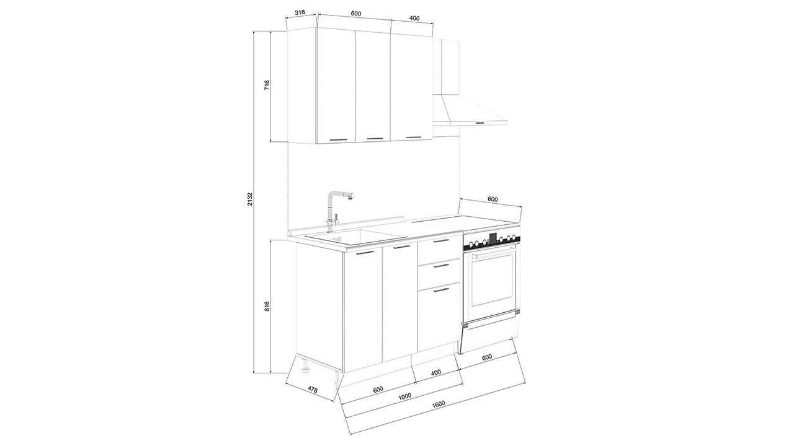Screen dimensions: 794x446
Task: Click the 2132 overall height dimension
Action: coord(249,199)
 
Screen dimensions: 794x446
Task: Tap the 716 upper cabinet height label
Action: coord(267,85)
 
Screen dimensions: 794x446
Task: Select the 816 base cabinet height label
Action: coord(267,306)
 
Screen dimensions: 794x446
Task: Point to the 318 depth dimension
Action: coord(300,12)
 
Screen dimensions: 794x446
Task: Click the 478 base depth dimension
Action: coord(312,390)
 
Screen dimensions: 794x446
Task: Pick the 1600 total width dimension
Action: coord(439,403)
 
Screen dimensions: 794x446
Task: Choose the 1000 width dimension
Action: coord(405,396)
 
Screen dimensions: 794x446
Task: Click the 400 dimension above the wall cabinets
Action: coord(414,18)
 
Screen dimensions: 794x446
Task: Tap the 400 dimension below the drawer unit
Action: coord(436,372)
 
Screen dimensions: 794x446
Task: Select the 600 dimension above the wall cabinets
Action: coord(356,14)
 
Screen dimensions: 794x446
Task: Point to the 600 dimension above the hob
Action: coord(493,199)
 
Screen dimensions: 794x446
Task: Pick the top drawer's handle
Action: coord(441,241)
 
